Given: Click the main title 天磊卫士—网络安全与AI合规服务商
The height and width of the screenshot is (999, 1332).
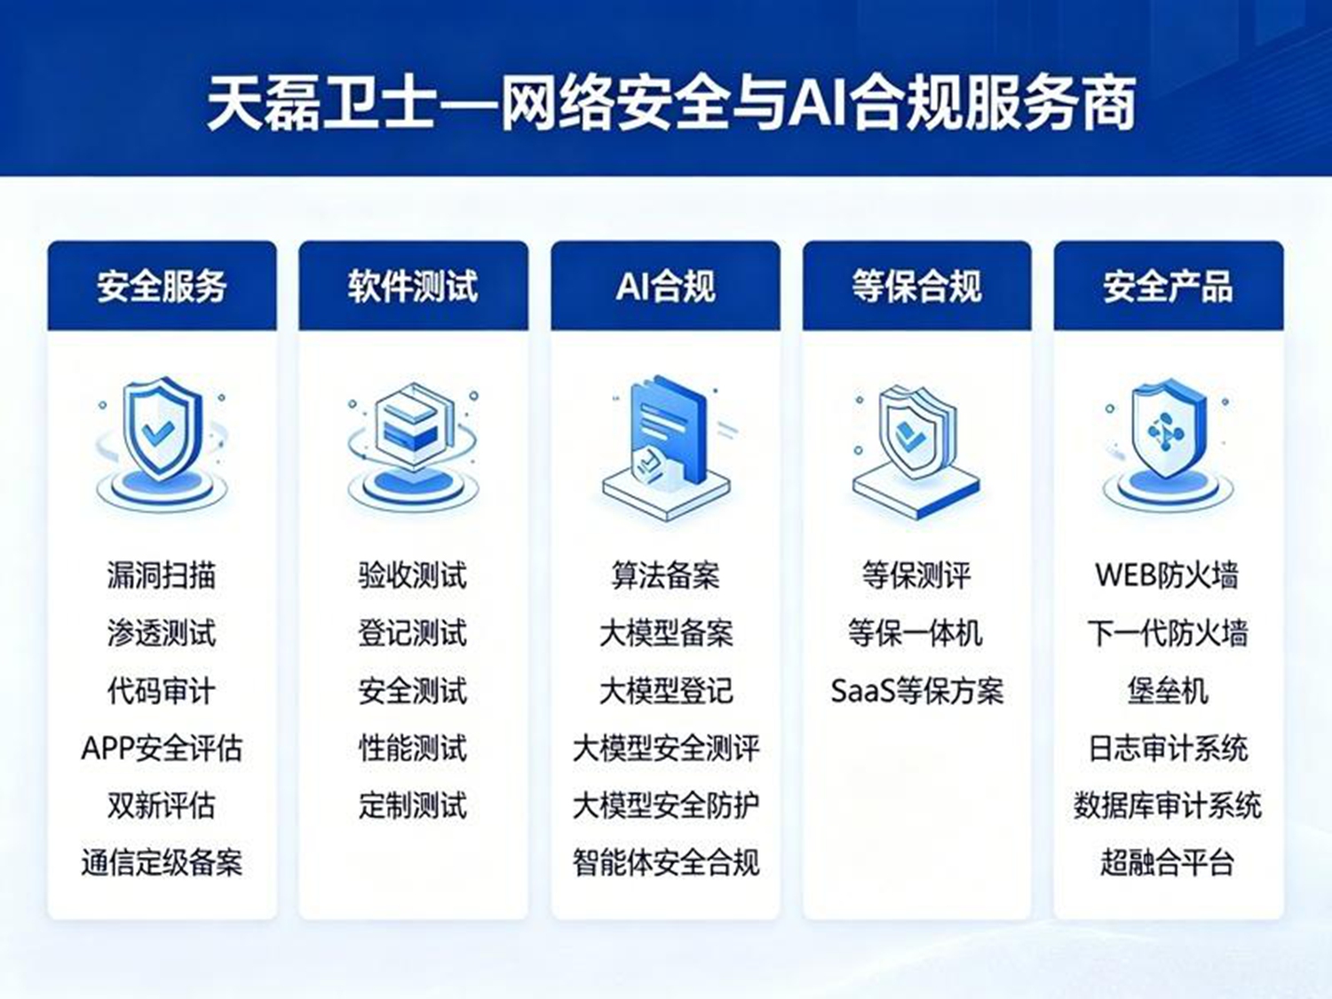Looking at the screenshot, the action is (671, 103).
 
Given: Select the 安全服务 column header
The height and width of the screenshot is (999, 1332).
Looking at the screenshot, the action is (162, 286).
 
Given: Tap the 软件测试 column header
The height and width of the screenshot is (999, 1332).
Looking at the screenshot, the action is (413, 286).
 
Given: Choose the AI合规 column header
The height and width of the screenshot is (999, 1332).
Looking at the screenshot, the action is (666, 286).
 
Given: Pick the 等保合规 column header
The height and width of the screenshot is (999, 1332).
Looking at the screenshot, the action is (917, 286).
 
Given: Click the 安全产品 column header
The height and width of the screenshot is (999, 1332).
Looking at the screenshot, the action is (1168, 286).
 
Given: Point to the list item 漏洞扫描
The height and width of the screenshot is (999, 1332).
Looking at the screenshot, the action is (162, 575).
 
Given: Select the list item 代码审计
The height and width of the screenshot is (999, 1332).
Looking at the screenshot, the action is (162, 691).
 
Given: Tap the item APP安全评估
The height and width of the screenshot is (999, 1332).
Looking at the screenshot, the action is (162, 748).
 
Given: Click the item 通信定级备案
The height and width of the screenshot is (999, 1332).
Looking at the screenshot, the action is (162, 862).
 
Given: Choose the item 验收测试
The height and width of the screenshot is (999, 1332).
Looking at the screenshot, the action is (413, 575).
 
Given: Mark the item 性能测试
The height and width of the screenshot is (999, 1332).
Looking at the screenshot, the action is (413, 748).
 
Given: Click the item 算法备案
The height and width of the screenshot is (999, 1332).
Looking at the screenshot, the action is (666, 575).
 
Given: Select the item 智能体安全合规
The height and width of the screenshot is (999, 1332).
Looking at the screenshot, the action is (666, 862).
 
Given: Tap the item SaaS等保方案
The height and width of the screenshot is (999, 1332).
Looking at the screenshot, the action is (917, 691).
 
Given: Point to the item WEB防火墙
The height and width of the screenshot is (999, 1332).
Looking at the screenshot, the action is (1167, 575).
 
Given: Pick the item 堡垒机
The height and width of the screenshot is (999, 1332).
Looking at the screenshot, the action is (1168, 691).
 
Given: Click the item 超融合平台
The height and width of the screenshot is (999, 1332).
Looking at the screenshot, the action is (1168, 862).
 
